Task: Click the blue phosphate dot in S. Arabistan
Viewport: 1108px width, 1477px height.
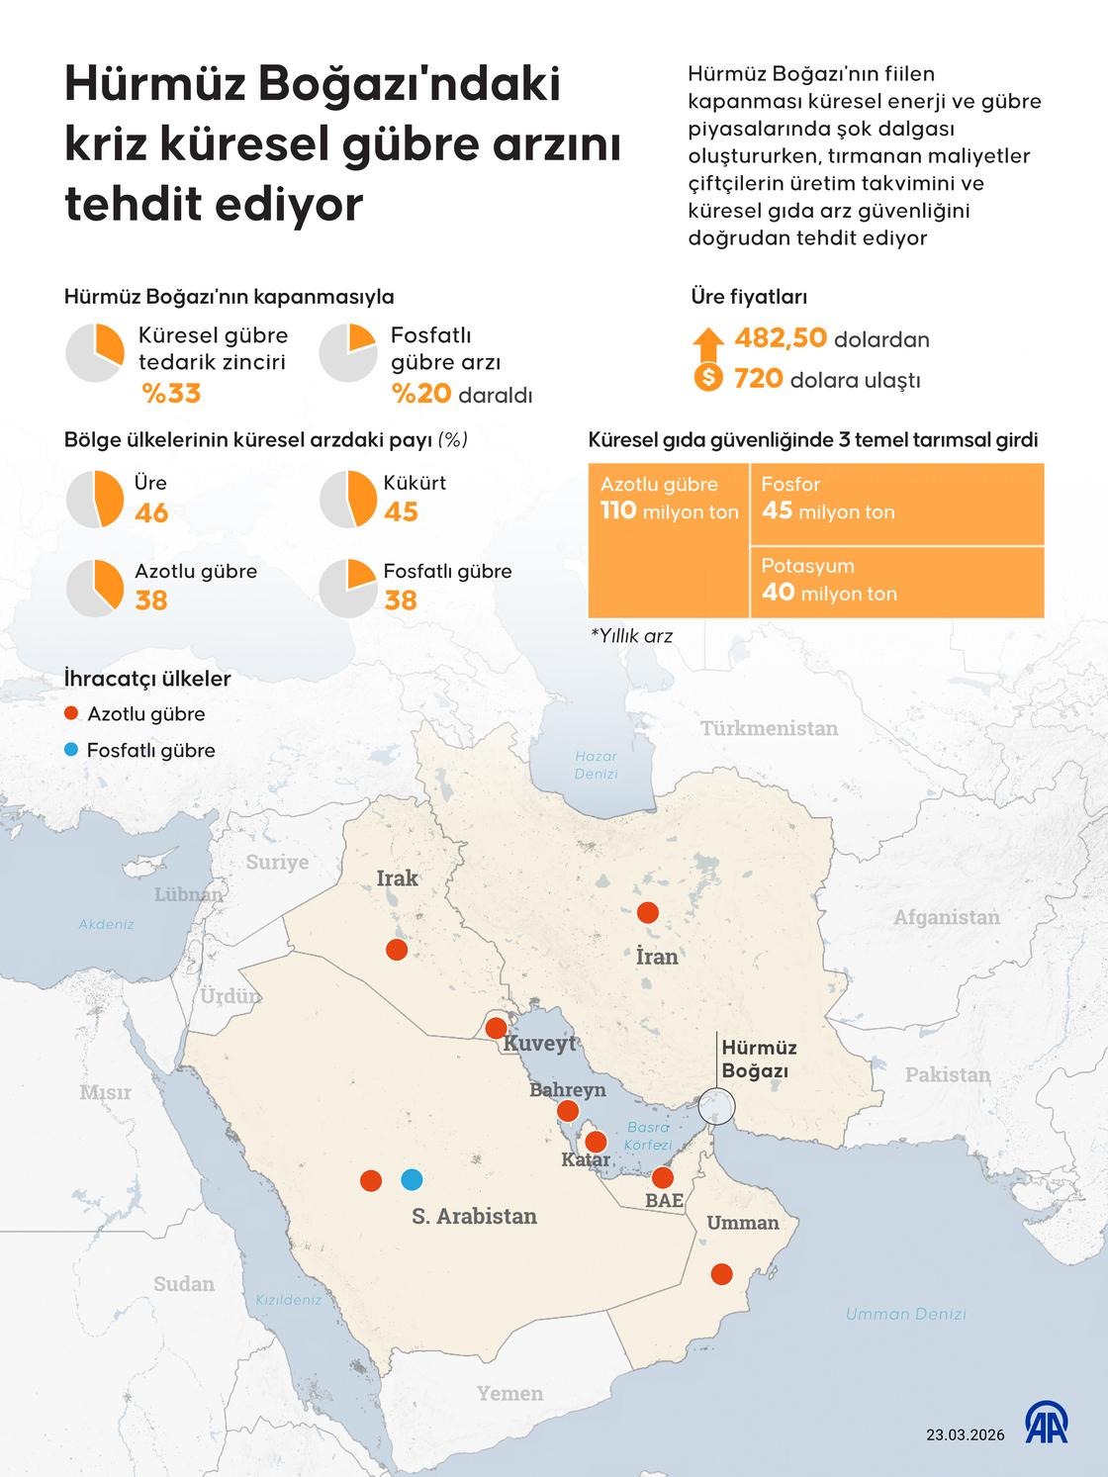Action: click(x=412, y=1179)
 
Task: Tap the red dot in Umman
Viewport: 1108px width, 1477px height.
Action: click(x=722, y=1274)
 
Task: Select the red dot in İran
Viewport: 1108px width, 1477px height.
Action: click(x=648, y=912)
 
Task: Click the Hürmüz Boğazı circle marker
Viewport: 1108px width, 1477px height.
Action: click(x=715, y=1105)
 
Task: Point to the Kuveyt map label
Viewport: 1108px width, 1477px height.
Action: click(x=539, y=1044)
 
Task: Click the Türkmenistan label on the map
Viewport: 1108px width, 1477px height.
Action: click(x=769, y=729)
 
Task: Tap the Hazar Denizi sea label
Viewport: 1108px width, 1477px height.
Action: click(x=596, y=765)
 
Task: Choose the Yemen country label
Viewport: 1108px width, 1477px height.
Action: click(x=509, y=1393)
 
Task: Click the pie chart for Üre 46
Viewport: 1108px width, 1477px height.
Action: click(x=95, y=499)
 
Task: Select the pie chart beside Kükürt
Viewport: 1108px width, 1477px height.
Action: click(x=348, y=499)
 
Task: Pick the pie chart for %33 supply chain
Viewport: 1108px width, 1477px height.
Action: click(x=95, y=353)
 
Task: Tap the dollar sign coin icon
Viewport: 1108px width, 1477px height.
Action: click(x=708, y=378)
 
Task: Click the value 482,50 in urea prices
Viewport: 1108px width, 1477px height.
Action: click(x=781, y=339)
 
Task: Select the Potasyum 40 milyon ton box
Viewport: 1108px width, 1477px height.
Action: click(x=896, y=582)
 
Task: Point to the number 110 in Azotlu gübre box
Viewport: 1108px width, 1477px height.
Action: click(x=618, y=511)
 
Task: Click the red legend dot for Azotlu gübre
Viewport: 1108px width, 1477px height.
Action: click(x=69, y=714)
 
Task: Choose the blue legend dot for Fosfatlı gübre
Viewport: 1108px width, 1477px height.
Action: click(x=69, y=750)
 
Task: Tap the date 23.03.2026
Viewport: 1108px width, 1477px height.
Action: click(x=964, y=1434)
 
